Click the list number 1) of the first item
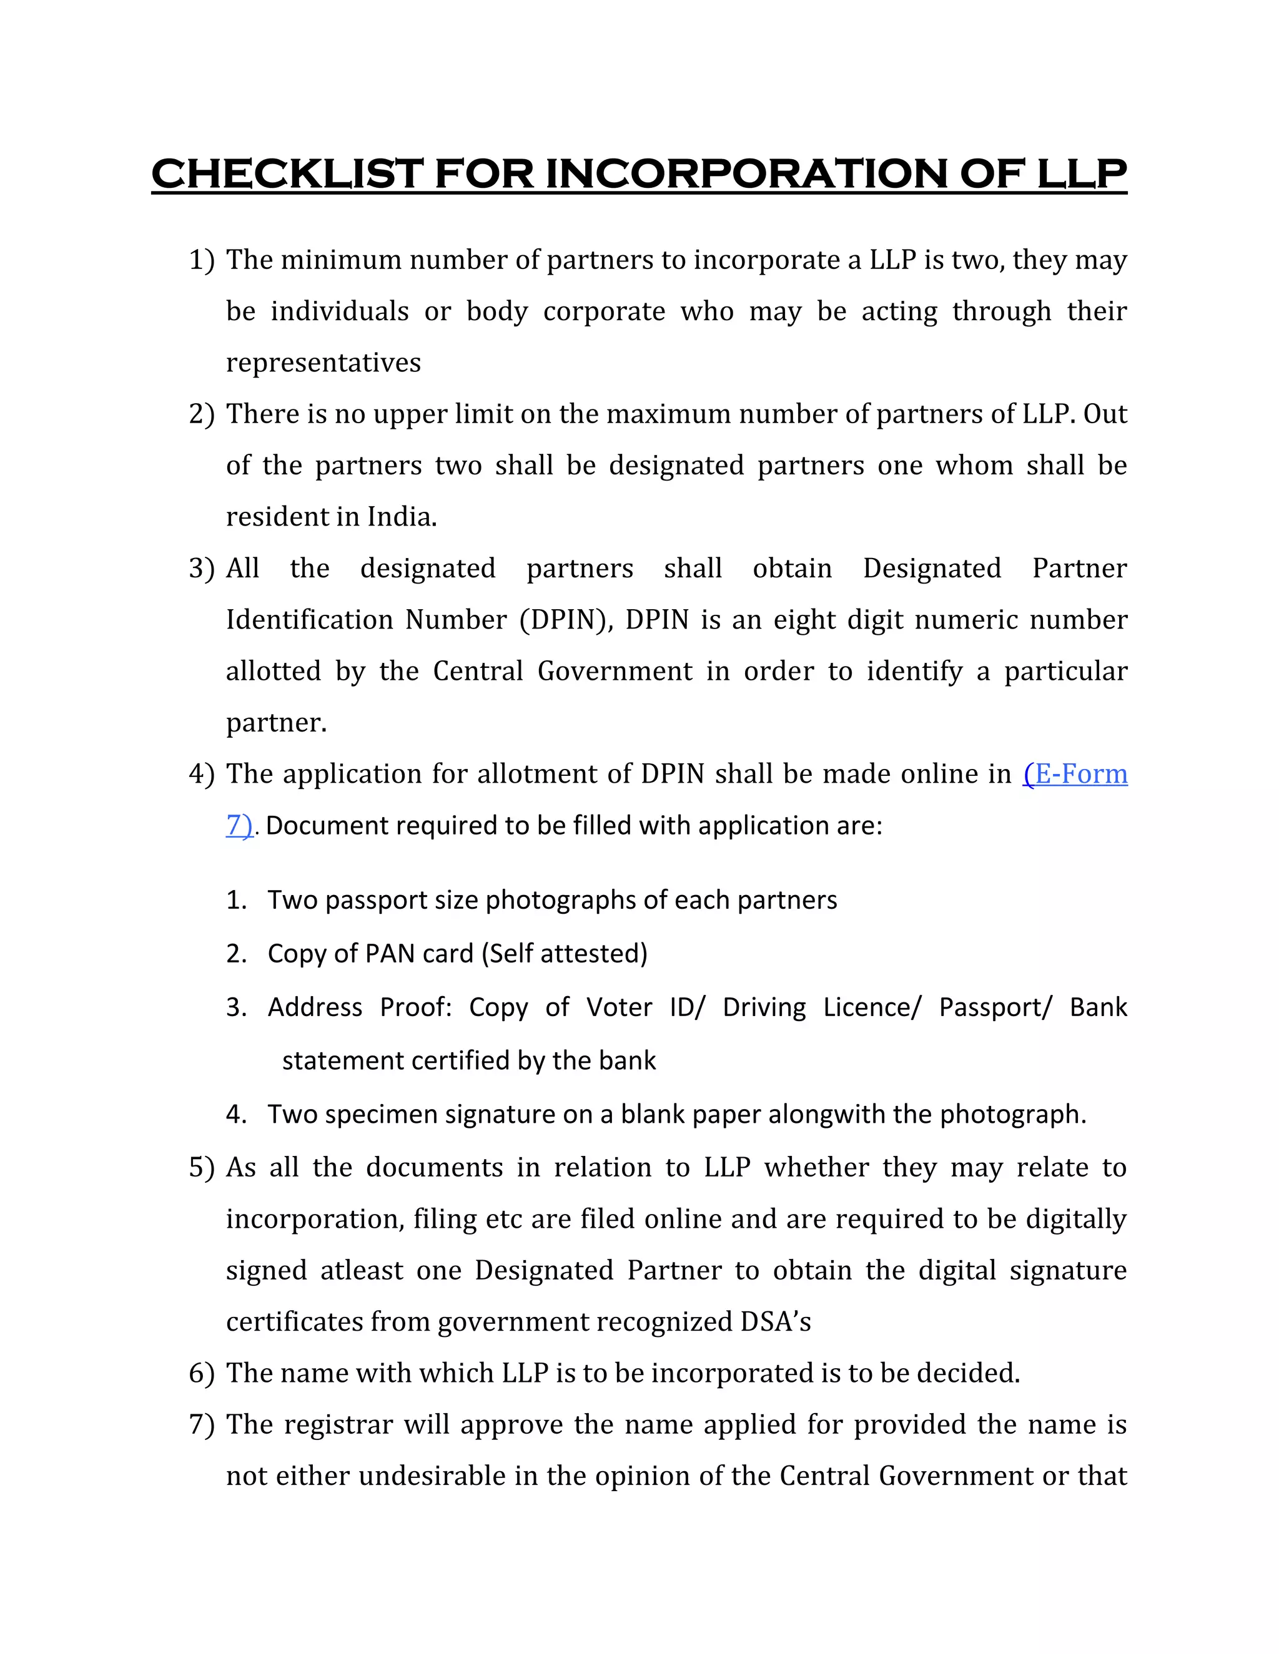pyautogui.click(x=201, y=260)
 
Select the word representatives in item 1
pyautogui.click(x=323, y=363)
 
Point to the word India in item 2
pyautogui.click(x=400, y=517)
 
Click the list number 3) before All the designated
pyautogui.click(x=201, y=569)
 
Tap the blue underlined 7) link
pyautogui.click(x=239, y=826)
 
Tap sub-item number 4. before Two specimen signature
pyautogui.click(x=237, y=1115)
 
